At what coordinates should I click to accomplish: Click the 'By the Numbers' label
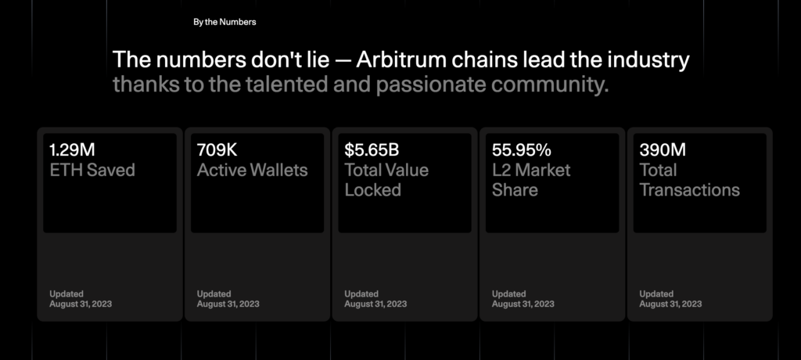pos(224,22)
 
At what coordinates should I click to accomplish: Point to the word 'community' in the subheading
pos(548,85)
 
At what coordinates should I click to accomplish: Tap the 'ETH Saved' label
pos(92,170)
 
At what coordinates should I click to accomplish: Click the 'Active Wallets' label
pos(252,170)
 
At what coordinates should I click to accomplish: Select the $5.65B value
pos(372,149)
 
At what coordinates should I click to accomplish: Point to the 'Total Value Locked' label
pos(386,180)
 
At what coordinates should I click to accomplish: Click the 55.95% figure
pos(522,149)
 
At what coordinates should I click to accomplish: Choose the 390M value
pos(663,149)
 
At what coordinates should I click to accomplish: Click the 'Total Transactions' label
pos(689,180)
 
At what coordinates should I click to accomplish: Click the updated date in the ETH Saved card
pos(81,304)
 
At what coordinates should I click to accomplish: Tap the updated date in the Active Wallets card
pos(228,304)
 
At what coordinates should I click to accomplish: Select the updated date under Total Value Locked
pos(375,304)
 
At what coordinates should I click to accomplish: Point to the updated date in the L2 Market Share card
pos(523,304)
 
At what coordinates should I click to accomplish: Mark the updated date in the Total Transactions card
pos(670,304)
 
